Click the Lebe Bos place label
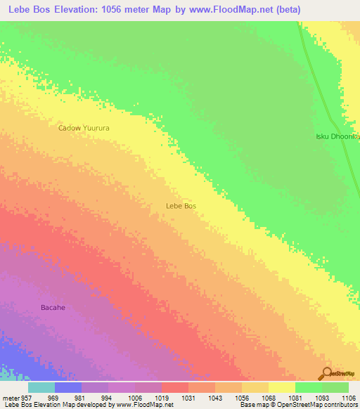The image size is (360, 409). point(180,206)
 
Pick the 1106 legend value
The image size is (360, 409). point(347,397)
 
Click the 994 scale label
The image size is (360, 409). point(105,397)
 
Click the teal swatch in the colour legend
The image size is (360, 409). point(41,387)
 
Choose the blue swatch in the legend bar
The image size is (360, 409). point(68,387)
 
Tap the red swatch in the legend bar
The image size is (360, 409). point(175,387)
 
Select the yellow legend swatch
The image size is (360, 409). point(282,387)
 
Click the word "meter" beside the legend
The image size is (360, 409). point(11,397)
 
